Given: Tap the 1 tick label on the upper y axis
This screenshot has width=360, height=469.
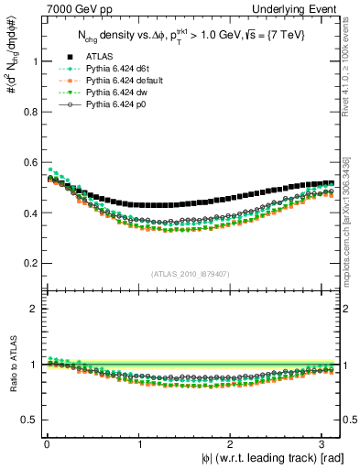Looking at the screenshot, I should (33, 62).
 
